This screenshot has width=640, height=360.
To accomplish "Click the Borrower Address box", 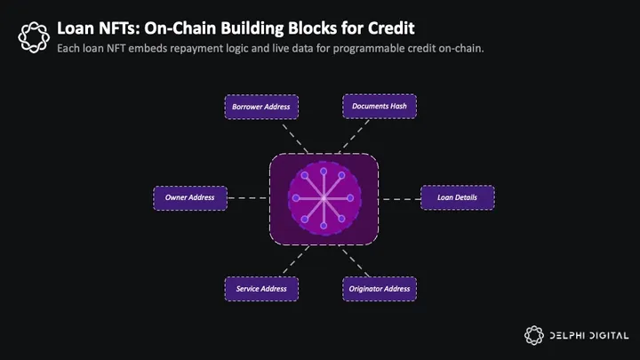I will [260, 107].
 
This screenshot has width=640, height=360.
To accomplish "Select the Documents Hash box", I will [380, 107].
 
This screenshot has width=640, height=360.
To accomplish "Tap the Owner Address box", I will [189, 197].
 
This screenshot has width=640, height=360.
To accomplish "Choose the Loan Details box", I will [456, 197].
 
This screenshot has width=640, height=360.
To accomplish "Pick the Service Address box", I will [261, 289].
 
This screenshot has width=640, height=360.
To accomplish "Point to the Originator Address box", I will [380, 289].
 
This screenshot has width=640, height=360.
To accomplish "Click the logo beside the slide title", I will [33, 36].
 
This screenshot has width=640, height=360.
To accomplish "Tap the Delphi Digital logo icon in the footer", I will [533, 335].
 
